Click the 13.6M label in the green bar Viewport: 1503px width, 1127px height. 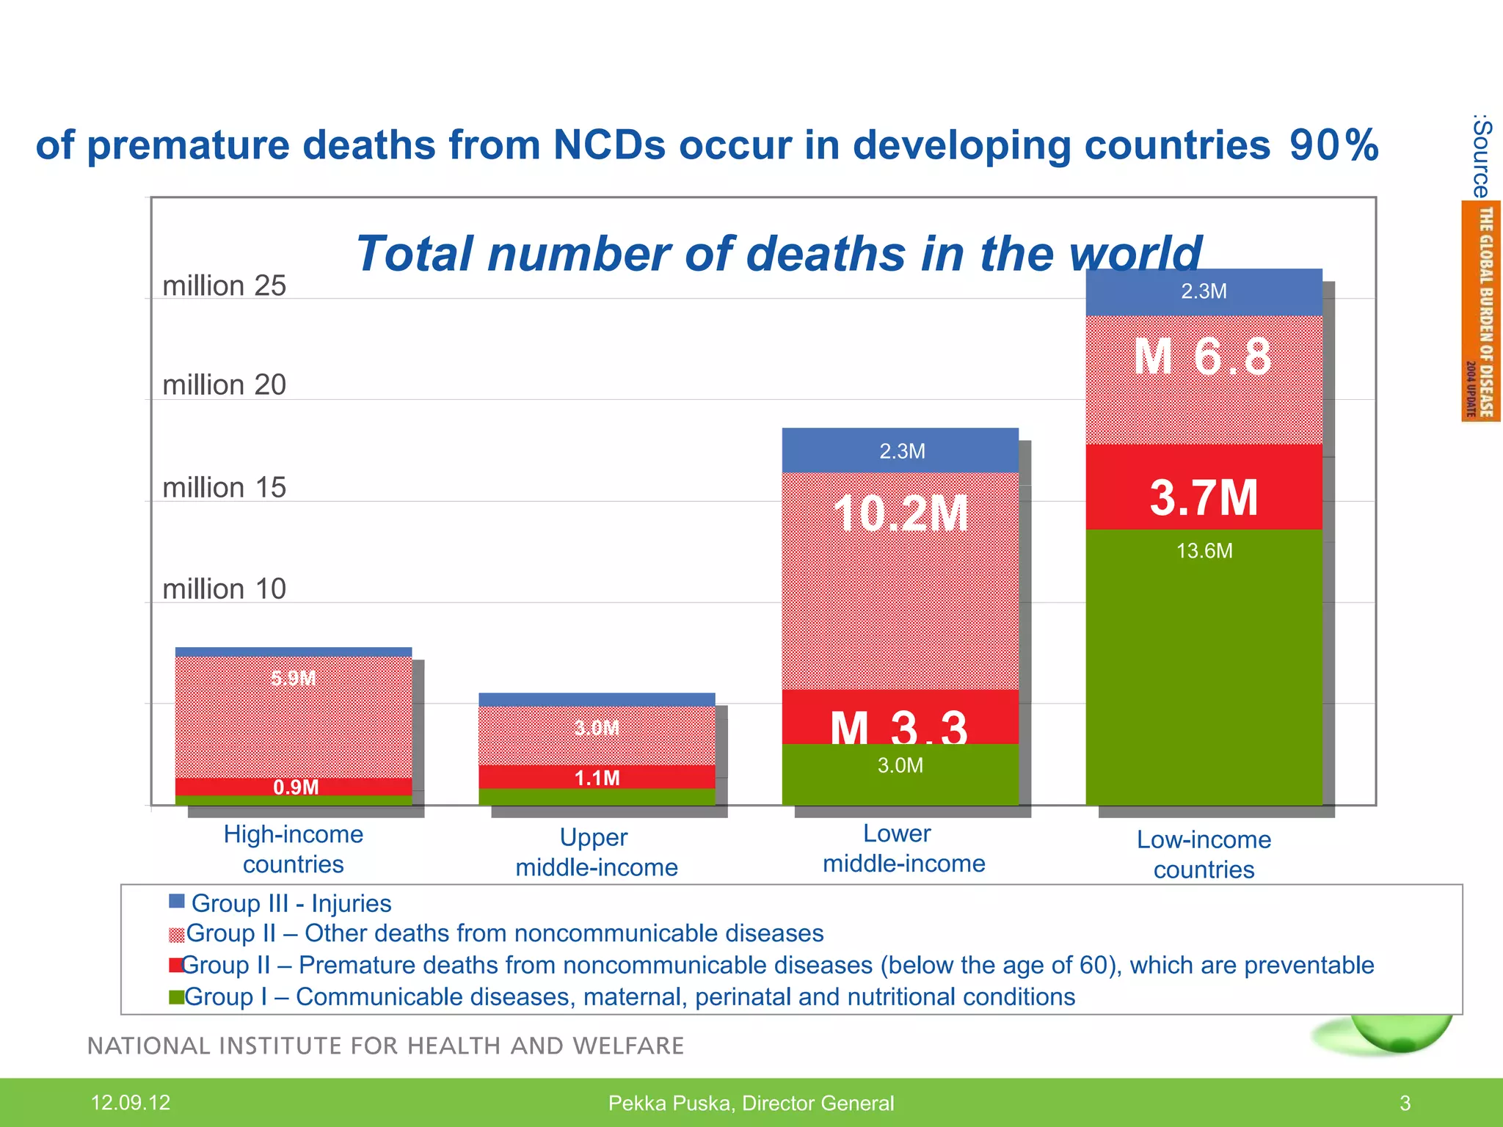pos(1204,551)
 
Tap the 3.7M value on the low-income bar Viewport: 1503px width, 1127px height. pos(1204,497)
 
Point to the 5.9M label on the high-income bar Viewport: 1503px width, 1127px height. pos(294,678)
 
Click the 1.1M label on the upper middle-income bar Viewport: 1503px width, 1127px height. pos(597,778)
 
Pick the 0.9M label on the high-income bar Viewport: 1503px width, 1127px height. pos(296,787)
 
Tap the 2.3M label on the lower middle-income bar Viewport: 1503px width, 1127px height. pos(902,451)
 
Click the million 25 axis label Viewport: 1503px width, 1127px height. pos(224,285)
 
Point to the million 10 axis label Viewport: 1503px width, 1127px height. pos(224,588)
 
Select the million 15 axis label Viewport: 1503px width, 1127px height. pos(224,487)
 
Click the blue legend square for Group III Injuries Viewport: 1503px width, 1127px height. pos(176,901)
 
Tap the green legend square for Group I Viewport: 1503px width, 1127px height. pos(176,997)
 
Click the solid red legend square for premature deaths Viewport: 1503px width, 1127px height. pos(175,965)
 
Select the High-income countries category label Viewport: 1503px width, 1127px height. pos(294,849)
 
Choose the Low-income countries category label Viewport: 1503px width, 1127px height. pos(1204,854)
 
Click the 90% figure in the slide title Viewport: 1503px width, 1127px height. pos(1333,145)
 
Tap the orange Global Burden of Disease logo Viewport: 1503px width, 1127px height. pos(1480,311)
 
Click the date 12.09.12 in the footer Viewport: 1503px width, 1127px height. pos(130,1102)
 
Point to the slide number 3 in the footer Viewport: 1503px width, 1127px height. pos(1405,1103)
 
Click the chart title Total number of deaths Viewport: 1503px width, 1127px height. pos(778,253)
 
